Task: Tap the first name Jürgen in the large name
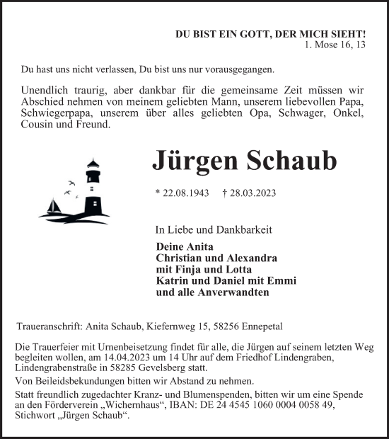point(195,161)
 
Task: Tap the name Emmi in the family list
point(281,280)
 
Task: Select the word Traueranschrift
point(48,327)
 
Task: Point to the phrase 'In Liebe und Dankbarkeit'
point(213,229)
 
